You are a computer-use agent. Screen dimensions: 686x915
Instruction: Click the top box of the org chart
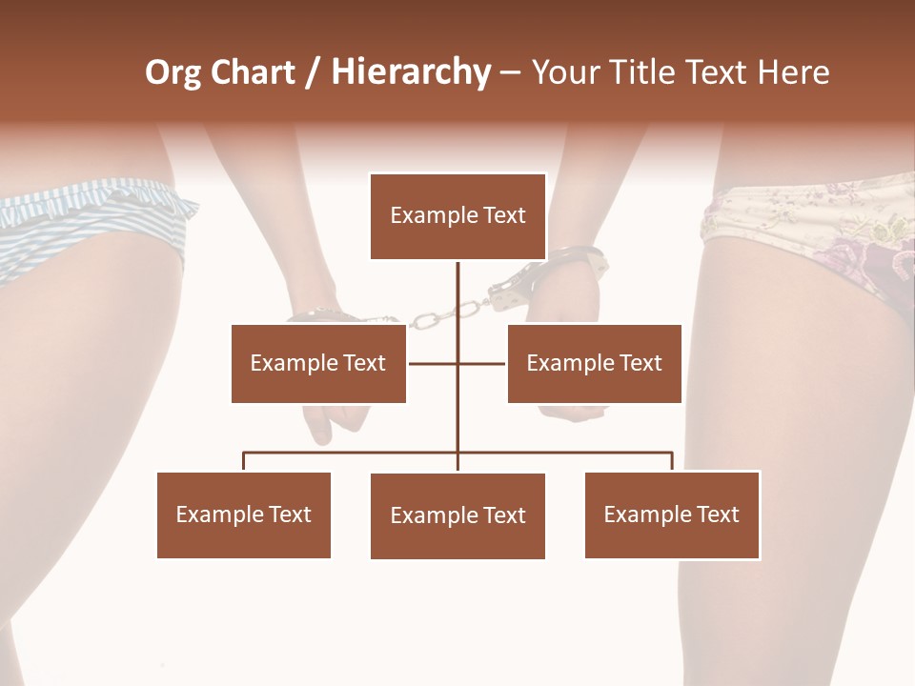pyautogui.click(x=457, y=215)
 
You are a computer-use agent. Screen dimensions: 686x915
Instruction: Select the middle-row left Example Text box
pyautogui.click(x=318, y=363)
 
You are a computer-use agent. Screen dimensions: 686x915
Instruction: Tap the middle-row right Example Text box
pyautogui.click(x=594, y=363)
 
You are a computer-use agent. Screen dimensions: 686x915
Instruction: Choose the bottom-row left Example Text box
pyautogui.click(x=244, y=514)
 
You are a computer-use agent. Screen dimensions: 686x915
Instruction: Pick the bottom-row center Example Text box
pyautogui.click(x=457, y=515)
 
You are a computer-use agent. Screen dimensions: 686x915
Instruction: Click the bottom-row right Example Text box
pyautogui.click(x=672, y=514)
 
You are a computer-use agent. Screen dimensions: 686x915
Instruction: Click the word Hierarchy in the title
pyautogui.click(x=411, y=72)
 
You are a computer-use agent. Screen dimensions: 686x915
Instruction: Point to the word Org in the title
pyautogui.click(x=173, y=72)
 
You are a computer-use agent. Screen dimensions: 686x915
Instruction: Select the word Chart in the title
pyautogui.click(x=252, y=72)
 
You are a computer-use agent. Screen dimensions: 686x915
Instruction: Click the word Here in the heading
pyautogui.click(x=793, y=72)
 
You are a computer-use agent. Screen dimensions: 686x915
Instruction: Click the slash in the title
pyautogui.click(x=313, y=72)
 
